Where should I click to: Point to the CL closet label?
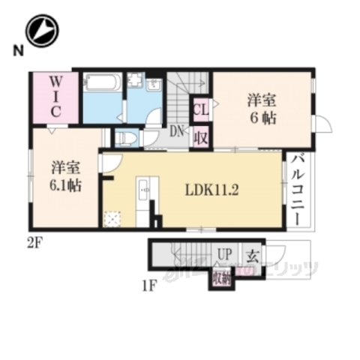(x=200, y=111)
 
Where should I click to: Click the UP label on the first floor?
(x=223, y=255)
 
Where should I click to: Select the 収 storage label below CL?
(x=200, y=137)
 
